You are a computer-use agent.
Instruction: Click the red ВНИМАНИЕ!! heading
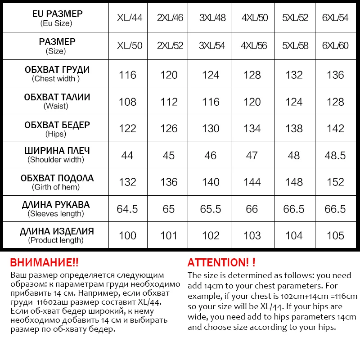coord(44,263)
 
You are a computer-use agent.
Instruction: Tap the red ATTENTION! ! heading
coord(221,263)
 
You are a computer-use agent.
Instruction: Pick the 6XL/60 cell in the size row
coord(336,46)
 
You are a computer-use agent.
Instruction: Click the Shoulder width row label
coord(56,155)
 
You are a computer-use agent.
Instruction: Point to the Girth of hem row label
coord(56,182)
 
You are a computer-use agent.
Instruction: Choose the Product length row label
coord(56,236)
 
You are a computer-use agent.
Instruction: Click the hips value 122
coord(127,129)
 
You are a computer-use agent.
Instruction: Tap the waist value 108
coord(127,102)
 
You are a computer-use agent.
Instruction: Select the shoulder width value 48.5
coord(335,156)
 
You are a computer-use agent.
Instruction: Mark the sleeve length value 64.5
coord(127,209)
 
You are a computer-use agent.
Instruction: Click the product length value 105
coord(335,236)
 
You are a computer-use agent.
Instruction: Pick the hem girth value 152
coord(335,182)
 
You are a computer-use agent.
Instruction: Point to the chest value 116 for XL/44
coord(127,75)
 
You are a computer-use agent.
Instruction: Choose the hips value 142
coord(335,129)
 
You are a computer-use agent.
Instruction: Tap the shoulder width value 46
coord(211,156)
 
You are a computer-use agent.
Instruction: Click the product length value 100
coord(127,236)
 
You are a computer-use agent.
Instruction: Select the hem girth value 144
coord(252,182)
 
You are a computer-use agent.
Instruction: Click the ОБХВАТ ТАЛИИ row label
coord(56,101)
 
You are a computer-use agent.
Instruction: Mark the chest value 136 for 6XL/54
coord(335,75)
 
